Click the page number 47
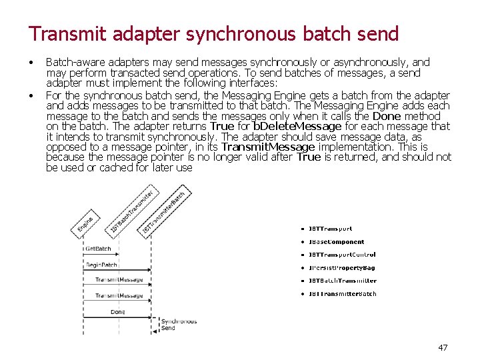click(443, 347)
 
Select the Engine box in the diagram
click(85, 222)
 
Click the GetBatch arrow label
click(98, 249)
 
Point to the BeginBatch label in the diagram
click(101, 265)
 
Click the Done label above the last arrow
click(118, 312)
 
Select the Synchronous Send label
click(178, 325)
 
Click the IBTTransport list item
click(330, 229)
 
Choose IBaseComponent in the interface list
click(336, 242)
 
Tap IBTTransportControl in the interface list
click(342, 255)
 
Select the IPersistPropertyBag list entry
click(341, 268)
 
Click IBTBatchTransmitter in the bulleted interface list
click(342, 281)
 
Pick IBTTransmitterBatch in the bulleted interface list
click(342, 293)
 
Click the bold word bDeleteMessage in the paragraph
click(297, 126)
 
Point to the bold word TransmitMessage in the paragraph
click(269, 147)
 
